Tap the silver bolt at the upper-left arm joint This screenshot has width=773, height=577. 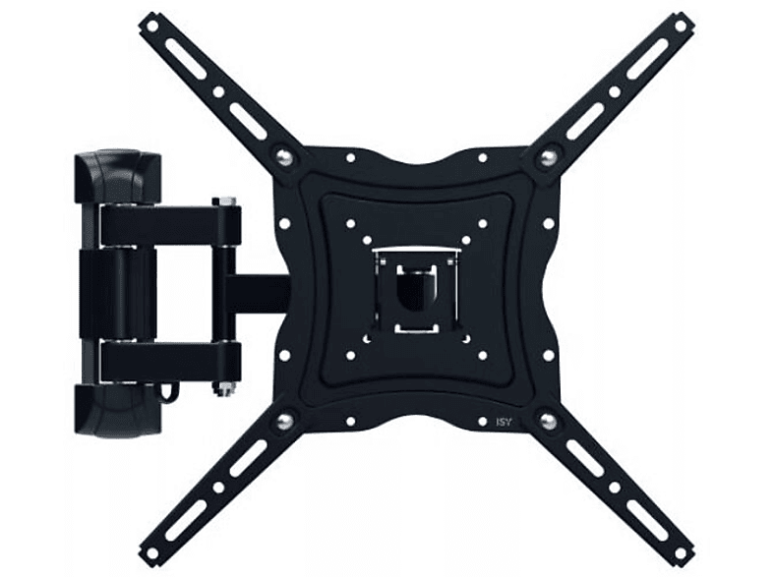(282, 155)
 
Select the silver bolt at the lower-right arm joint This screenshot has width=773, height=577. (548, 421)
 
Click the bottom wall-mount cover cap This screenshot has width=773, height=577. (118, 411)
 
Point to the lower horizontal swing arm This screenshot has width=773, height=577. (170, 361)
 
